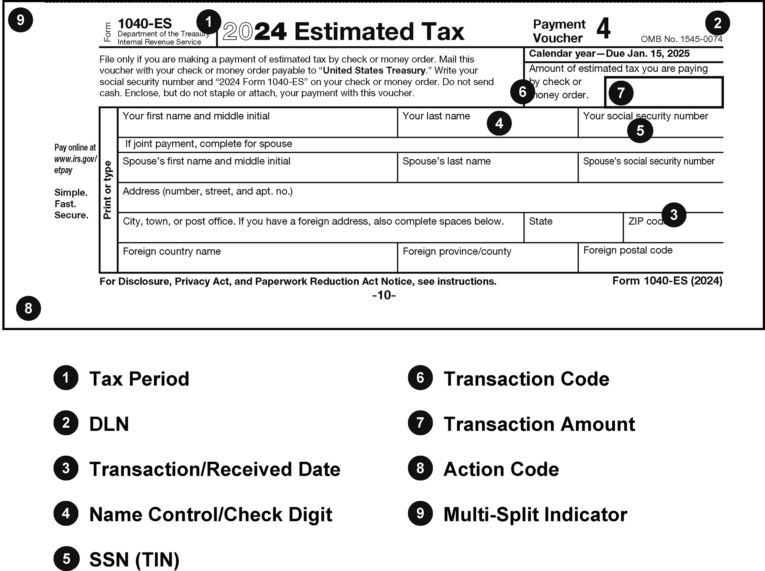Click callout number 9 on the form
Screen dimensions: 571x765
(20, 20)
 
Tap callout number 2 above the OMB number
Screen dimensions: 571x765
(717, 23)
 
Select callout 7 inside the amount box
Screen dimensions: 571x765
(621, 93)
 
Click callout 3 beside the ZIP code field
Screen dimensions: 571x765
(674, 215)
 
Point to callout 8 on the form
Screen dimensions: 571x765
(28, 308)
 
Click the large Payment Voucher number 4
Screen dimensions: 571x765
(603, 29)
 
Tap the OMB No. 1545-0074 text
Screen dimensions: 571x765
(681, 39)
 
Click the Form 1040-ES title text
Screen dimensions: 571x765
(144, 24)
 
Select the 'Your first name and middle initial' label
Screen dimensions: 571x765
(196, 116)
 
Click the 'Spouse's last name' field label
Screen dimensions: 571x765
(446, 161)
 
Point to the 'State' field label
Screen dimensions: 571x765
(541, 221)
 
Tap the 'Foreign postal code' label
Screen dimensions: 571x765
(628, 250)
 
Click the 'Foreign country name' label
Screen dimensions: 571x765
(172, 251)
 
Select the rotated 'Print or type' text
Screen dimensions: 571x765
(107, 190)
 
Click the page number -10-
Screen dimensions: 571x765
(383, 295)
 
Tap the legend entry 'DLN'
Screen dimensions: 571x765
(109, 424)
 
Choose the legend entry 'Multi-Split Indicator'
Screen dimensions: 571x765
(535, 514)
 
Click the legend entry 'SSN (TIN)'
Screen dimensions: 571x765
(134, 560)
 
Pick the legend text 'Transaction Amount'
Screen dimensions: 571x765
(539, 424)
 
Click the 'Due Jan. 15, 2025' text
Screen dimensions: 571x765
(648, 54)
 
